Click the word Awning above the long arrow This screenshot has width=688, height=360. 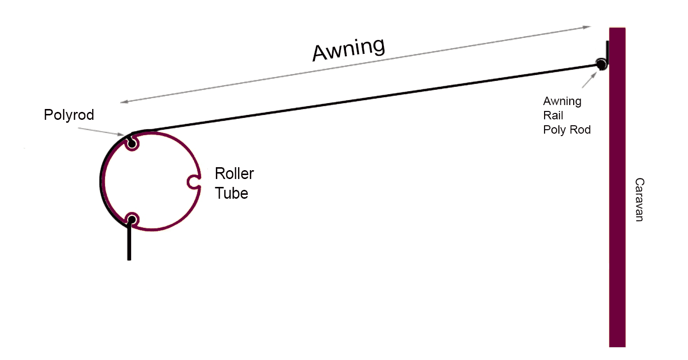(348, 49)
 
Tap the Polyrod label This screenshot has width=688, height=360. (69, 115)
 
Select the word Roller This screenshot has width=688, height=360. (234, 174)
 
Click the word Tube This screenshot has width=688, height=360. (231, 193)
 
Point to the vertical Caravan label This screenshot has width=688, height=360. (639, 199)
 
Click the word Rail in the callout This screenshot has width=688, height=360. (553, 116)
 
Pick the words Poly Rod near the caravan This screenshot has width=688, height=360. (567, 130)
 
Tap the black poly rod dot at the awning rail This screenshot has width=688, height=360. (600, 64)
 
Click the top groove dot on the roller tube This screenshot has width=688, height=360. (132, 144)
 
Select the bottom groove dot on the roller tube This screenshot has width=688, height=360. (132, 219)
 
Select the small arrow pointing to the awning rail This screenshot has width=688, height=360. (589, 79)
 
